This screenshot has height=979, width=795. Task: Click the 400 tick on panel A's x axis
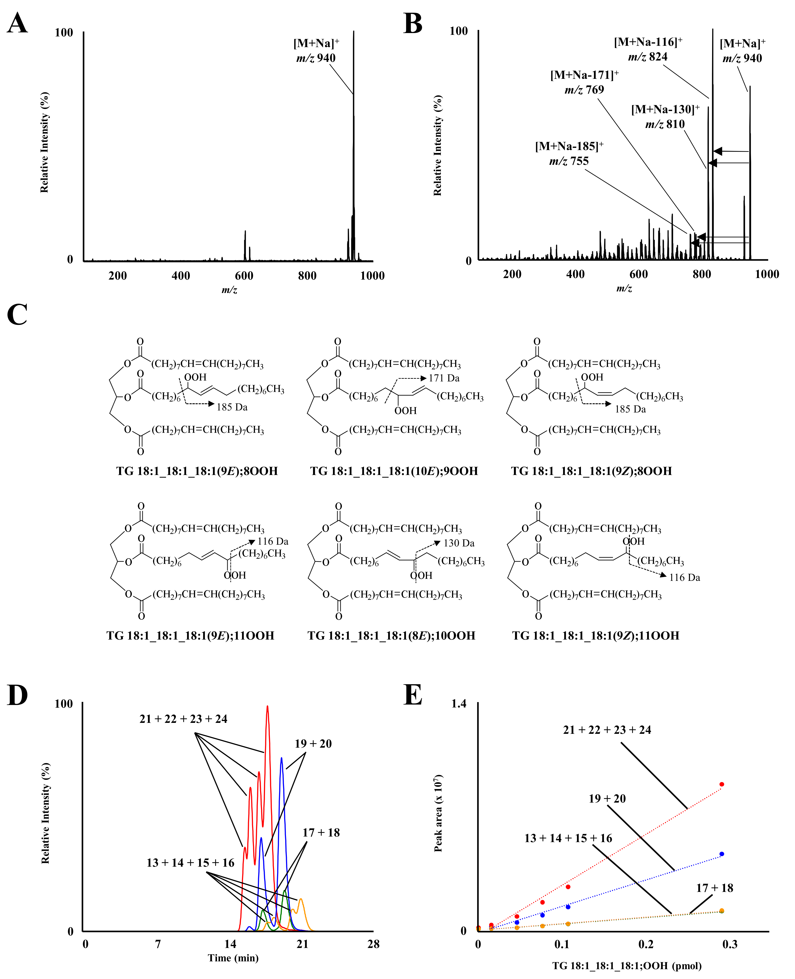coord(181,276)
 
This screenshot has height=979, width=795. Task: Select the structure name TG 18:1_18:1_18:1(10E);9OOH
coord(394,471)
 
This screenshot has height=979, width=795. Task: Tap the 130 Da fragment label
coord(459,543)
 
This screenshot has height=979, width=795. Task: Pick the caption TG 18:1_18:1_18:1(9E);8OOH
coord(197,471)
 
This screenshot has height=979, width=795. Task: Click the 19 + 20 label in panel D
coord(313,744)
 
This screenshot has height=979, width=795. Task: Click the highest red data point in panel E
coord(722,784)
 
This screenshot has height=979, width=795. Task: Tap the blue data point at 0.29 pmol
coord(722,854)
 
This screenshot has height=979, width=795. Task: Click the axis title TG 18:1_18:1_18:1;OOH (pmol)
coord(627,966)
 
